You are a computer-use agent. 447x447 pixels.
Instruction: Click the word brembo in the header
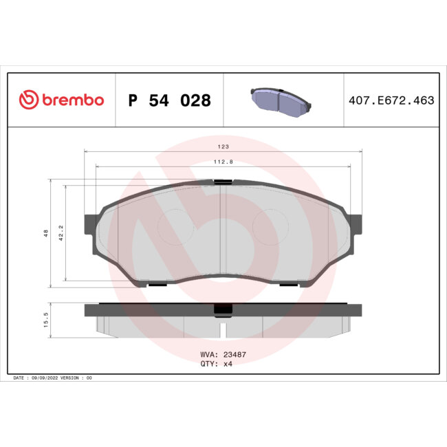72,100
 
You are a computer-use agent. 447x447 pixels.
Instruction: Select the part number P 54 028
170,100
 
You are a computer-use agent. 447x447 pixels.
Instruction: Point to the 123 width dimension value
223,146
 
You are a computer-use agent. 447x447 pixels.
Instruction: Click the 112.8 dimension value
223,162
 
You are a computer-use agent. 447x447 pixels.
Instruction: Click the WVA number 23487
235,356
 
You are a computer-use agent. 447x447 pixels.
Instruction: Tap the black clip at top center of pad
222,182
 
